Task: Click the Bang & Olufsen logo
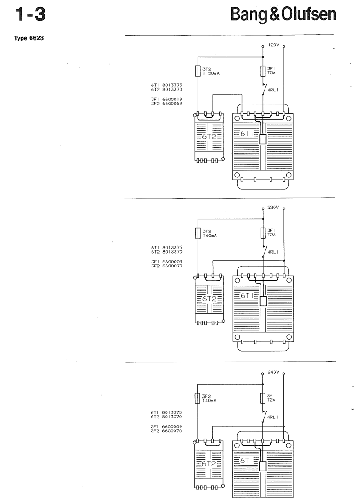pos(283,14)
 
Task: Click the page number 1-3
pos(31,14)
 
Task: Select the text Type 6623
pos(29,38)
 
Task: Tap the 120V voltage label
pos(273,45)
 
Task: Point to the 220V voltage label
pos(273,208)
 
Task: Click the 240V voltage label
pos(273,372)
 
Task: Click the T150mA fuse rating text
pos(211,73)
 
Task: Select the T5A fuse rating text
pos(271,73)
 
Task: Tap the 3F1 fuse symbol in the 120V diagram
pos(263,71)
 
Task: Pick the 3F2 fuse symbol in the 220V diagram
pos(198,233)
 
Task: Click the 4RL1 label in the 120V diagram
pos(273,90)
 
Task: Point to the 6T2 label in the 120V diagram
pos(209,136)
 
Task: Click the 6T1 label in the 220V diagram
pos(247,295)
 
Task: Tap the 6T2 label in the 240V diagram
pos(208,464)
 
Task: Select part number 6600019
pos(172,100)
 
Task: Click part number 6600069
pos(172,104)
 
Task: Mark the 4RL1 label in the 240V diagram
pos(273,417)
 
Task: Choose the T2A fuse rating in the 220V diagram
pos(271,235)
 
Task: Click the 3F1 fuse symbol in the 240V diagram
pos(262,398)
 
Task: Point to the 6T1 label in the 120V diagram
pos(247,133)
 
